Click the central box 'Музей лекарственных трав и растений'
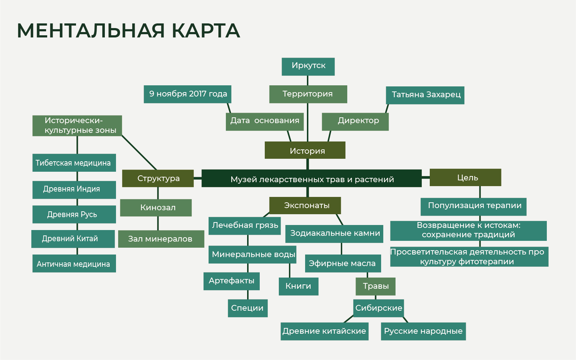pos(311,179)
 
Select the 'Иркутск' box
pos(308,67)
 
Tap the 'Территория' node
pos(308,94)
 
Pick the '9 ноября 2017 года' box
pos(187,94)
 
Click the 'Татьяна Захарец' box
pos(425,95)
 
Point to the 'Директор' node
pos(355,122)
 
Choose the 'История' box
pos(305,150)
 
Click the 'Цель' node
pos(465,177)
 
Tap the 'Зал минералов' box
pos(161,239)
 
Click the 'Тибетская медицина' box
pos(74,163)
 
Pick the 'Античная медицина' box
pos(74,264)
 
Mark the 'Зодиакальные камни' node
pos(334,234)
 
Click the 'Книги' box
pos(298,287)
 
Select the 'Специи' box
pos(247,308)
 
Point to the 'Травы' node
pos(375,287)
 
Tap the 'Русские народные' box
pos(423,331)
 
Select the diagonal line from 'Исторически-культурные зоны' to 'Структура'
pos(139,152)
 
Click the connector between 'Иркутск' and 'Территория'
pos(308,80)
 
